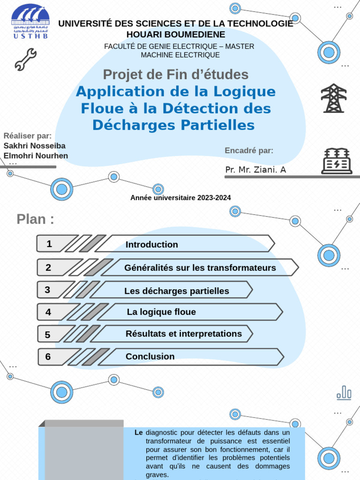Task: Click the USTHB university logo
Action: [30, 22]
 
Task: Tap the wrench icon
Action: [25, 60]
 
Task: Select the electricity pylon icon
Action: [334, 98]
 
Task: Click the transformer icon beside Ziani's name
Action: [337, 161]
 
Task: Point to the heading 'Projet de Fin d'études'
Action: [176, 75]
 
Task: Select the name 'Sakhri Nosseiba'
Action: [35, 146]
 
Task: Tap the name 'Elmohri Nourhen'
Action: [36, 156]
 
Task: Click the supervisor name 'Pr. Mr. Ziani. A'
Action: [255, 170]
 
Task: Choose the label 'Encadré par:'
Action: [249, 150]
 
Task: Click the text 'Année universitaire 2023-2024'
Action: [180, 198]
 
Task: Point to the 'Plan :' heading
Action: [35, 219]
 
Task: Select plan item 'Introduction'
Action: [152, 244]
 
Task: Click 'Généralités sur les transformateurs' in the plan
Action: [200, 268]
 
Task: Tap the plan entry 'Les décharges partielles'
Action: [177, 291]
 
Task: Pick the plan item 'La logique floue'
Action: [161, 312]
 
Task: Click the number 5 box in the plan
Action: [48, 335]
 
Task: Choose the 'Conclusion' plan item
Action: [150, 357]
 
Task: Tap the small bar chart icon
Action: [344, 393]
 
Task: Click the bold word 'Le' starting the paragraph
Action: [138, 433]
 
